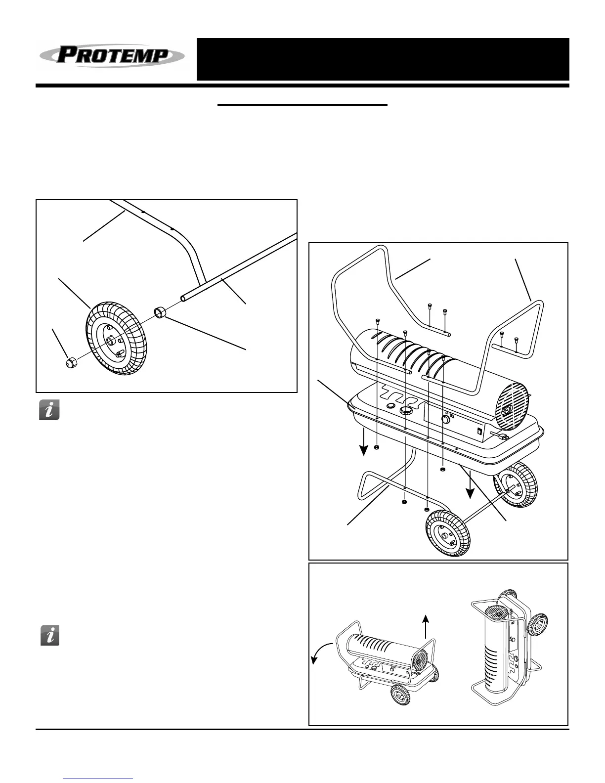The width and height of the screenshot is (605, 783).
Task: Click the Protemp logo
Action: coord(112,55)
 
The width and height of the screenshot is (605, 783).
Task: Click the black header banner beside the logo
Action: coord(383,59)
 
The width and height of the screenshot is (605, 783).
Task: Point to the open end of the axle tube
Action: coord(184,298)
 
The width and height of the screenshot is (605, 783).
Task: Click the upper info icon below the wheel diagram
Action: coord(49,410)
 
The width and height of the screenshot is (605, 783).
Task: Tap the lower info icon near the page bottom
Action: coord(49,635)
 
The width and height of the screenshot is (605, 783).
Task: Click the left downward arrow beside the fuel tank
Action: coord(364,442)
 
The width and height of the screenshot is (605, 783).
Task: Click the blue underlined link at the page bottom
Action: coord(98,779)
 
